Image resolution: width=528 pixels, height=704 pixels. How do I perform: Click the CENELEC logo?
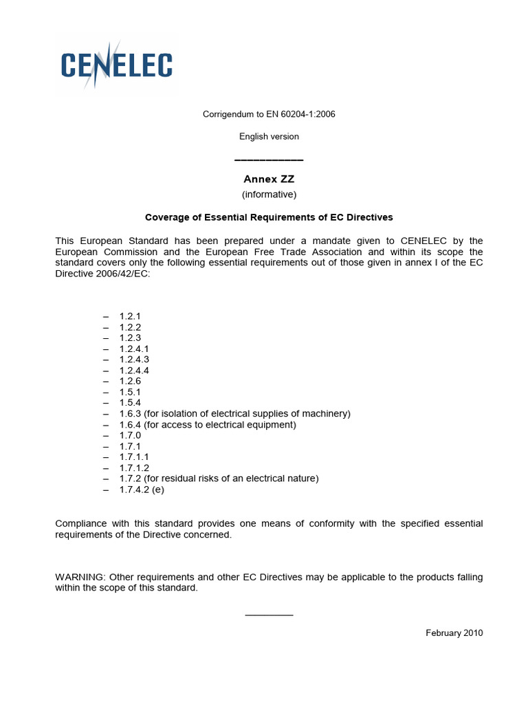(x=116, y=65)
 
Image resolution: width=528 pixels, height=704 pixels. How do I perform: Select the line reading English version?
(x=269, y=136)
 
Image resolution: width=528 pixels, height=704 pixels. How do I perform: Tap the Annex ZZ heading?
(x=269, y=179)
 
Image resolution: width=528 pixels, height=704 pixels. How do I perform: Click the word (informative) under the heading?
(x=269, y=194)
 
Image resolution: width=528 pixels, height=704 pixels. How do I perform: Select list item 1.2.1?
(x=130, y=316)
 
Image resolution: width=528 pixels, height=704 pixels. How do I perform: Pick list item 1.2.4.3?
(x=134, y=359)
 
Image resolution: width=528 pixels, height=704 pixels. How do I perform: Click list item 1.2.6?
(x=130, y=381)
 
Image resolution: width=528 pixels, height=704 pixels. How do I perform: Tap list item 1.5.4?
(x=130, y=402)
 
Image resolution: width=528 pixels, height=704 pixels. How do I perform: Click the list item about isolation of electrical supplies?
(x=234, y=413)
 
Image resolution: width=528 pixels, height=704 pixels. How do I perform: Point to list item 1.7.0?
(x=130, y=435)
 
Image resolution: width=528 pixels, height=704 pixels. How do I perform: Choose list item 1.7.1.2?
(x=134, y=467)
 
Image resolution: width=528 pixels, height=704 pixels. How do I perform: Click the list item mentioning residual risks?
(x=219, y=478)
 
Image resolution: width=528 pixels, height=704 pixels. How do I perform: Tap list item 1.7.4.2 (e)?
(x=142, y=489)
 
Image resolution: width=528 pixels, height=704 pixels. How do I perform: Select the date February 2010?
(x=454, y=632)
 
